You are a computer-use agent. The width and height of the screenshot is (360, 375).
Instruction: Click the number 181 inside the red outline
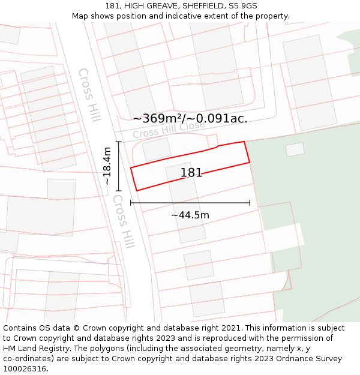(x=191, y=173)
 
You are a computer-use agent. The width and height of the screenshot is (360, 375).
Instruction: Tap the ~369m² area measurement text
(x=160, y=119)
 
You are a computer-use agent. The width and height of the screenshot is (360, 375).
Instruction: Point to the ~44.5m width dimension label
(x=190, y=215)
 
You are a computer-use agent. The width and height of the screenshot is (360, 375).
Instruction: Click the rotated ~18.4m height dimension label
(x=107, y=166)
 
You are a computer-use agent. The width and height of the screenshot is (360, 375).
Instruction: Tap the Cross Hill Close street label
(x=169, y=131)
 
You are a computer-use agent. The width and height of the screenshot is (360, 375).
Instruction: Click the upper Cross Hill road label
(x=89, y=95)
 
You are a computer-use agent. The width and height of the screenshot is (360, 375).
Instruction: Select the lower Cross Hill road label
(x=124, y=221)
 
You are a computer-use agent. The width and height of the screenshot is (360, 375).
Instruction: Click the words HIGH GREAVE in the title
(x=147, y=6)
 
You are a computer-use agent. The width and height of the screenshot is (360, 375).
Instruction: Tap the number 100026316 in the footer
(x=26, y=369)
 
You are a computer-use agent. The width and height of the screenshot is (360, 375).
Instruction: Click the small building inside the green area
(x=295, y=149)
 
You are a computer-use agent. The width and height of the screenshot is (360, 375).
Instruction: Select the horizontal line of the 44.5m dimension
(x=190, y=203)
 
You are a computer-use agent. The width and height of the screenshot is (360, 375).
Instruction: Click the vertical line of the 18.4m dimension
(x=119, y=166)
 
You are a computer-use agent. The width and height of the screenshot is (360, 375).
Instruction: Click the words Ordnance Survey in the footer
(x=312, y=359)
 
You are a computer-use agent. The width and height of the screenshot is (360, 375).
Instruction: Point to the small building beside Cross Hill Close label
(x=157, y=149)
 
